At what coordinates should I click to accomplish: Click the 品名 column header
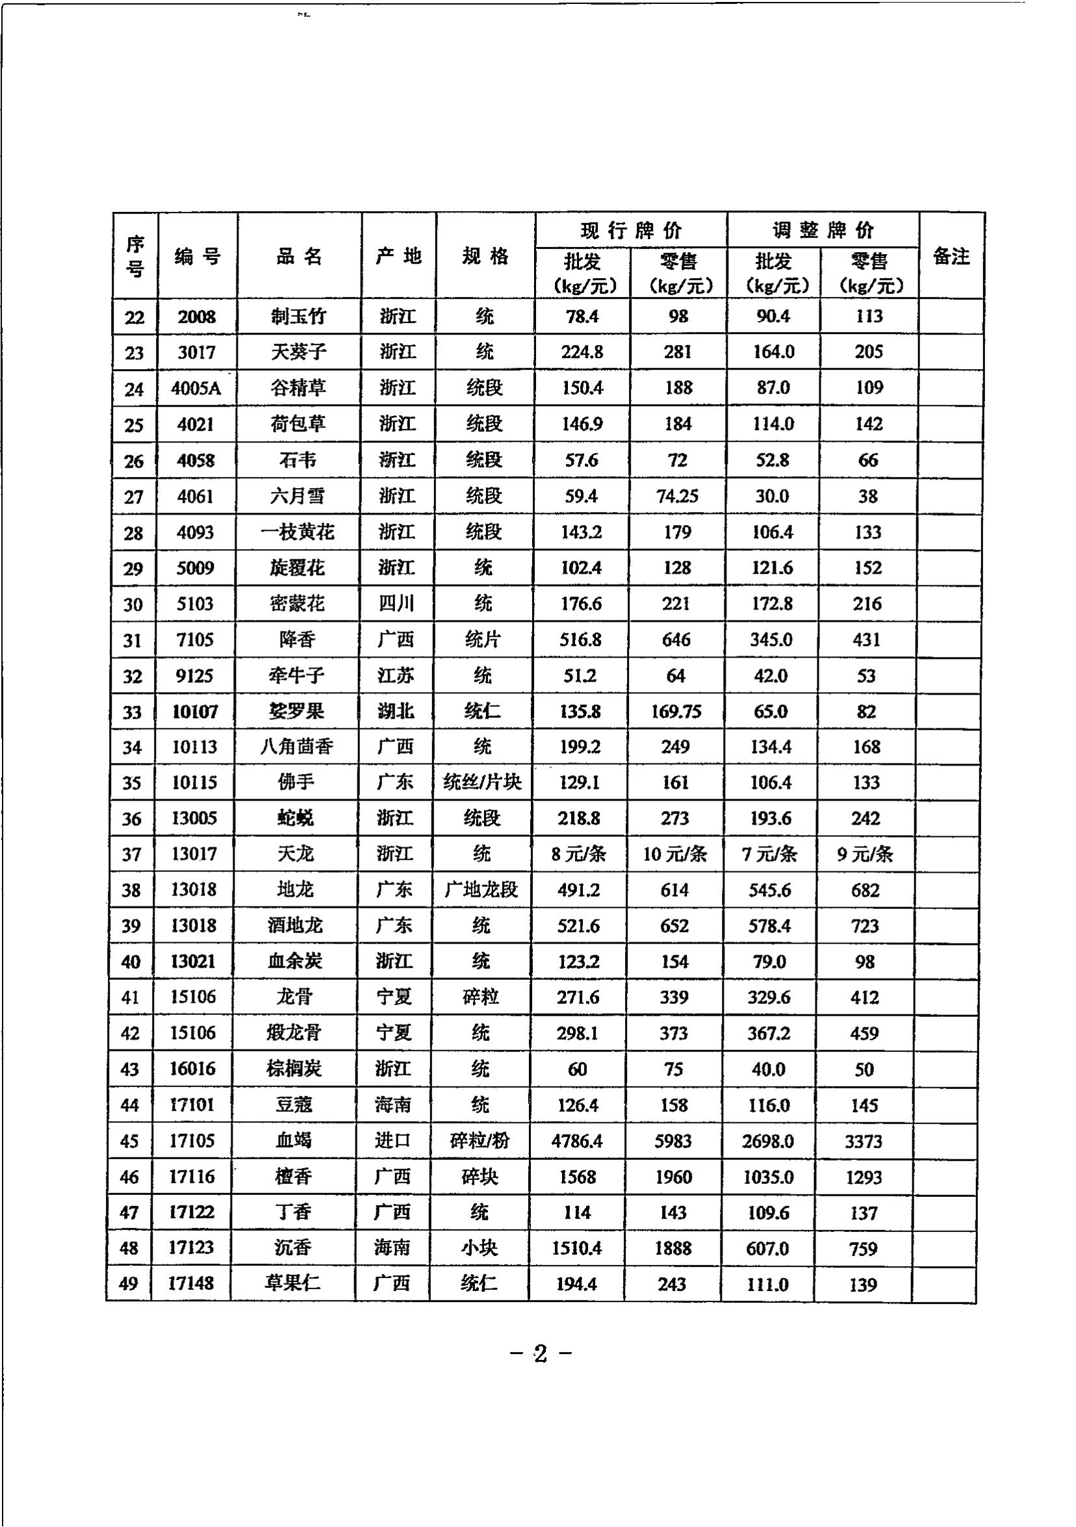pos(300,256)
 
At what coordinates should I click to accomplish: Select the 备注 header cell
pos(951,256)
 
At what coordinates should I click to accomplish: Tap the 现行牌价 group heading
pos(630,231)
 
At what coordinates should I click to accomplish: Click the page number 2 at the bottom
pos(540,1354)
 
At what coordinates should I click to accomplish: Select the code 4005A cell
pos(196,389)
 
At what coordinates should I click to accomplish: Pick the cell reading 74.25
pos(677,496)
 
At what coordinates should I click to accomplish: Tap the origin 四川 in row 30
pos(396,604)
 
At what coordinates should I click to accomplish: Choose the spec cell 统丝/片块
pos(482,783)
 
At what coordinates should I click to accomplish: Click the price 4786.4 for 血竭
pos(576,1141)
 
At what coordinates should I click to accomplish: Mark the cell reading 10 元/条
pos(674,854)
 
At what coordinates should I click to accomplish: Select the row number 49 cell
pos(129,1284)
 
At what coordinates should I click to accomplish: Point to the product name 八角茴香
pos(296,747)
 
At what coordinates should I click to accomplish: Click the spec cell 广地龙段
pos(481,890)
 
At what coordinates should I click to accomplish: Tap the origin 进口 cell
pos(392,1141)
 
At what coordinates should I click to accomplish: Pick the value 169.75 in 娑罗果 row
pos(676,712)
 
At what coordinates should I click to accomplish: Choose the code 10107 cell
pos(195,712)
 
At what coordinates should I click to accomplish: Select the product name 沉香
pos(292,1248)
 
